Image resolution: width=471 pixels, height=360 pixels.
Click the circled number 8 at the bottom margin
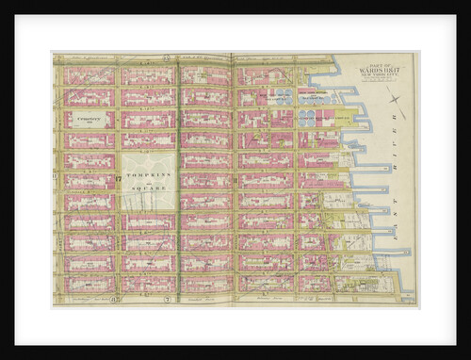coord(114,300)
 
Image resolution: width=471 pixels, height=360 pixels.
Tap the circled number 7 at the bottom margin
coord(166,300)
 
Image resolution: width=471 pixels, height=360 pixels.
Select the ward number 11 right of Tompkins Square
coord(233,178)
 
